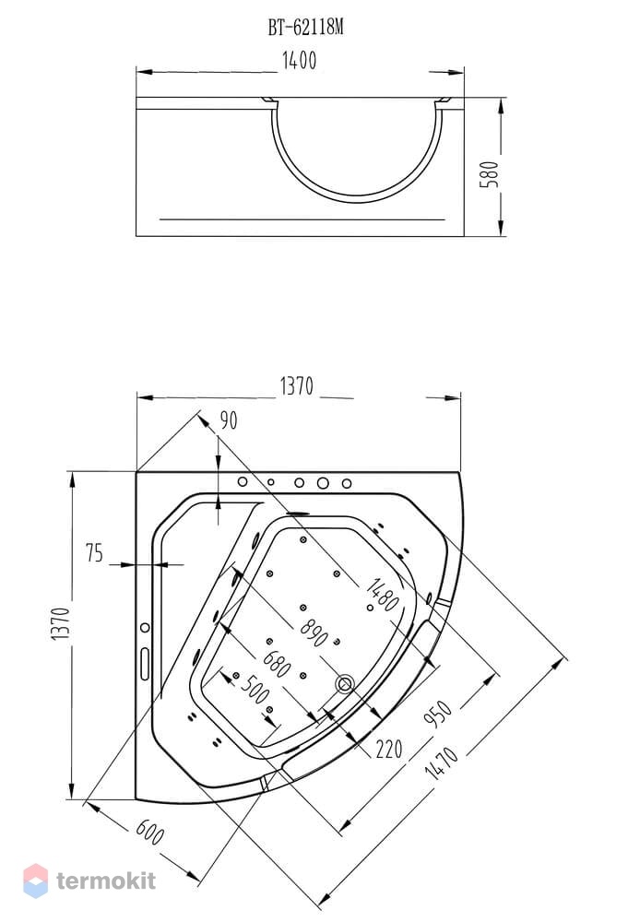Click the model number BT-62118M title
click(x=305, y=27)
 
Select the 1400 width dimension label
click(x=300, y=61)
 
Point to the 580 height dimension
click(x=489, y=174)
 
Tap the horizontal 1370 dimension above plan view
click(x=297, y=386)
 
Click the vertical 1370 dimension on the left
click(x=61, y=624)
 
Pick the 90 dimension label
click(x=229, y=420)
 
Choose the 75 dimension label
click(x=94, y=552)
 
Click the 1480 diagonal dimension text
click(x=383, y=595)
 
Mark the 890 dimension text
click(x=314, y=632)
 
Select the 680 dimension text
click(x=277, y=664)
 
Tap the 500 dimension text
click(x=255, y=689)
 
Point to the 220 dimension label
click(x=389, y=749)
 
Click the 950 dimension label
click(x=438, y=714)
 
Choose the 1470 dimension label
click(x=442, y=762)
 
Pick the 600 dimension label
click(x=150, y=832)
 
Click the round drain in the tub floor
click(x=344, y=684)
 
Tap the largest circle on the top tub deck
click(x=323, y=483)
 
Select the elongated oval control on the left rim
click(x=145, y=664)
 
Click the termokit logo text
click(x=106, y=881)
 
